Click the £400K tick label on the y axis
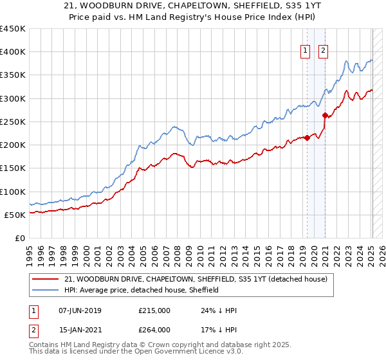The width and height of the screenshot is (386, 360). point(13,52)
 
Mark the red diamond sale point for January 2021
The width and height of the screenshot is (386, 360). point(326,116)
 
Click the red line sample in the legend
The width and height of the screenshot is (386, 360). point(45,280)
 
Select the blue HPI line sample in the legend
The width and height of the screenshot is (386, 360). point(45,291)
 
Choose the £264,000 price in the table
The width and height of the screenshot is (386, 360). point(154,330)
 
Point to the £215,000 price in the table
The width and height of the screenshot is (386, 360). point(154,310)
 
